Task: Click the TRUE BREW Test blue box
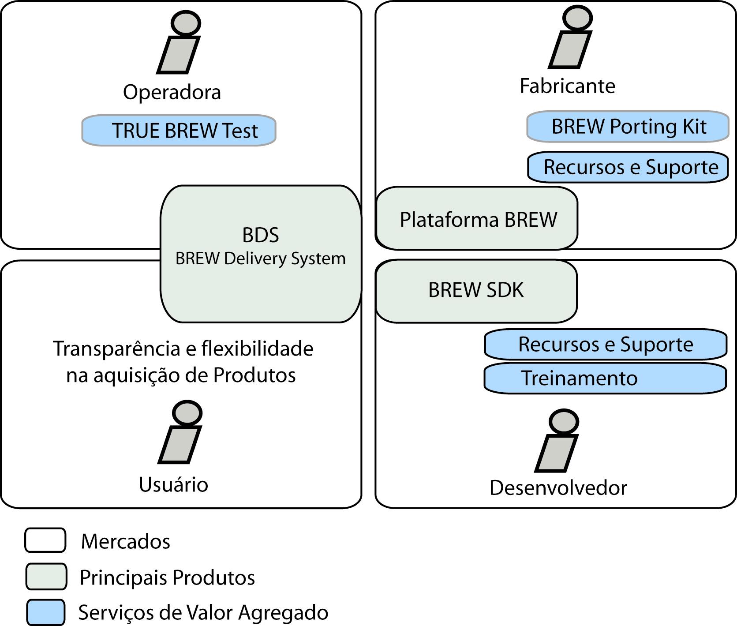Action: [x=179, y=131]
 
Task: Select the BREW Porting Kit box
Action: [x=627, y=127]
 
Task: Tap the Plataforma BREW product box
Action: [x=477, y=219]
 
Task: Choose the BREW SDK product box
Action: [x=476, y=290]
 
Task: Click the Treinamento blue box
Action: [x=605, y=378]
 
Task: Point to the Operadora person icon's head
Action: [x=186, y=23]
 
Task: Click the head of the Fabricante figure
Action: [x=577, y=18]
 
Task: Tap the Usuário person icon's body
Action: [x=180, y=444]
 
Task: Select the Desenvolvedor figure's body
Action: [x=556, y=454]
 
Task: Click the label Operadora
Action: [x=172, y=92]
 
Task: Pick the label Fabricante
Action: [x=567, y=86]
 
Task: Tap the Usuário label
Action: [x=173, y=484]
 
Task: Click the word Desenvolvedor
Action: [x=558, y=488]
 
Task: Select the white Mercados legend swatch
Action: [x=45, y=540]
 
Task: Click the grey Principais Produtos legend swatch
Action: [x=46, y=576]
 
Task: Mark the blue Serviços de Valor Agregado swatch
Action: [x=45, y=612]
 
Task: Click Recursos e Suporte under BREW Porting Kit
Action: [x=628, y=167]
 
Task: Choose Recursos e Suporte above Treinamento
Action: [x=605, y=344]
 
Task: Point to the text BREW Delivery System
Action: [x=260, y=259]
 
